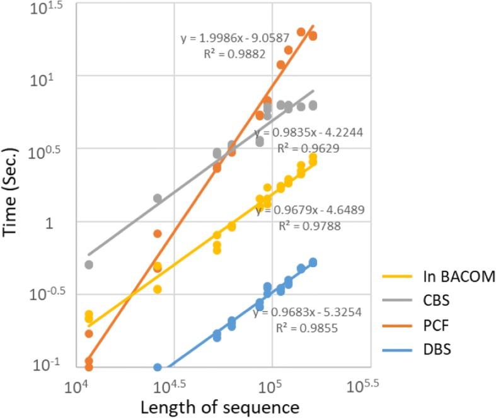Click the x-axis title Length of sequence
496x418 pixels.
pyautogui.click(x=219, y=407)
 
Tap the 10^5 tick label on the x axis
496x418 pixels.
pyautogui.click(x=271, y=387)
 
